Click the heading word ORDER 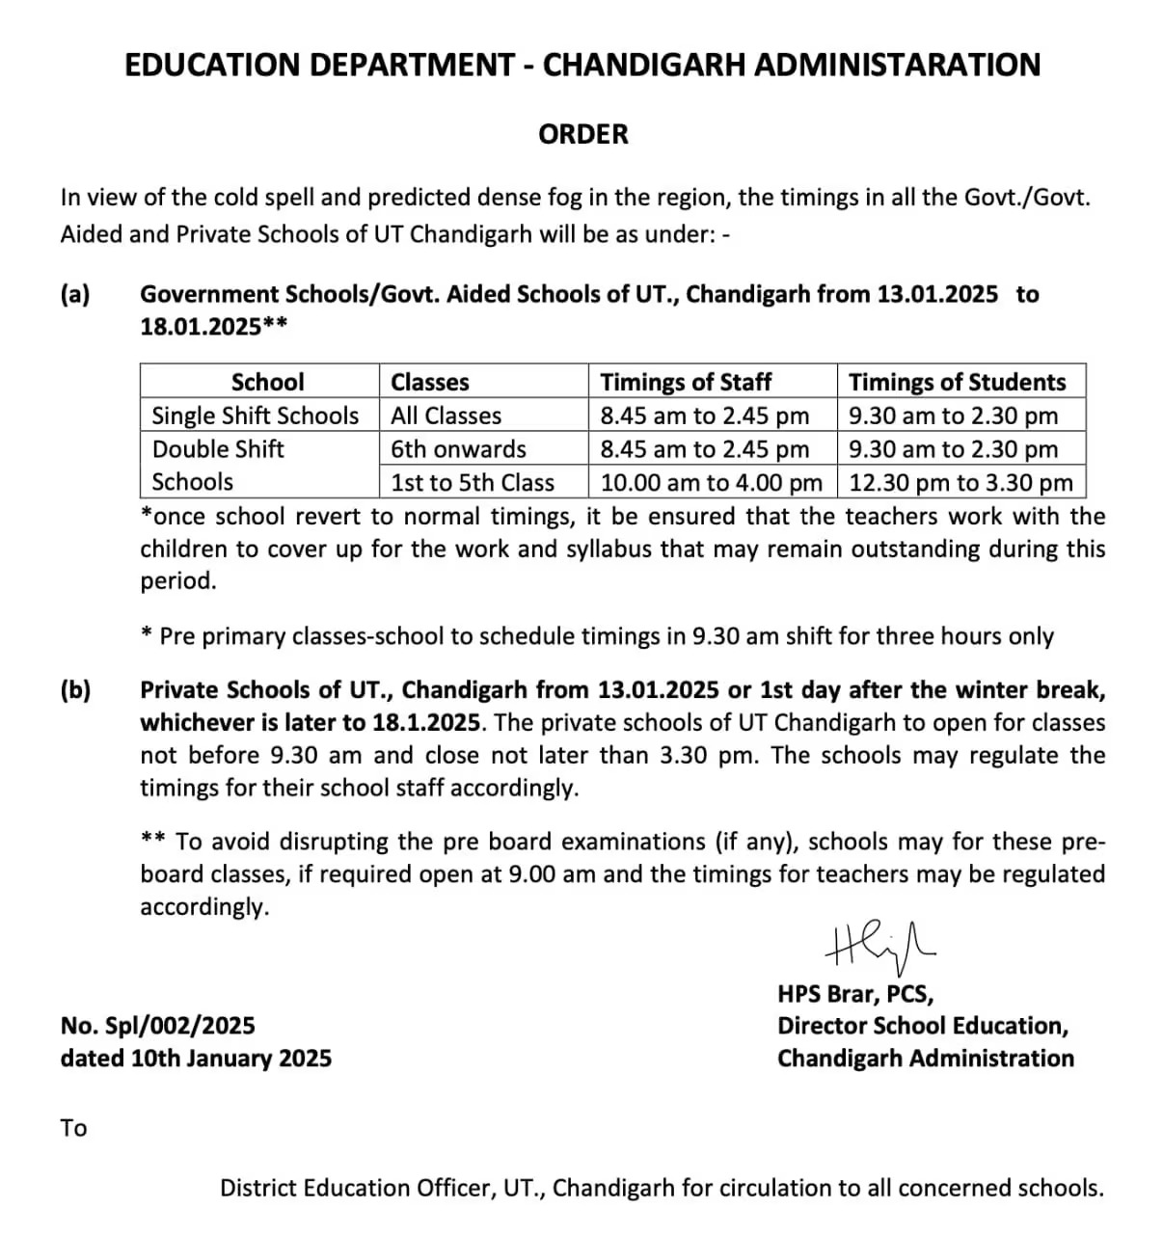coord(582,134)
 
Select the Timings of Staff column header coord(686,382)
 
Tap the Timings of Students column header coord(957,382)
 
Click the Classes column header coord(430,382)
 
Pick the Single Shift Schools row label coord(256,416)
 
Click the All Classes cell coord(446,416)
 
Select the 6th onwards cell coord(459,449)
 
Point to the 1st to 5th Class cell coord(473,482)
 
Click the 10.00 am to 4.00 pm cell coord(712,482)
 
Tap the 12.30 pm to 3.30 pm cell coord(960,482)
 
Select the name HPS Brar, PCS coord(855,993)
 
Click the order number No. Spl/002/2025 coord(157,1026)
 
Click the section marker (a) coord(75,294)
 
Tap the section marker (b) coord(75,690)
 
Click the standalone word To coord(73,1128)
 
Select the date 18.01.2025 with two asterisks coord(213,327)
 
